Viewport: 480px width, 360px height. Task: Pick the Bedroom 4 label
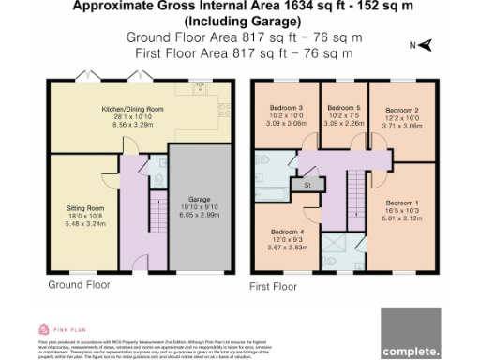pos(288,231)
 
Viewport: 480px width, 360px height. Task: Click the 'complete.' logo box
pos(410,334)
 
